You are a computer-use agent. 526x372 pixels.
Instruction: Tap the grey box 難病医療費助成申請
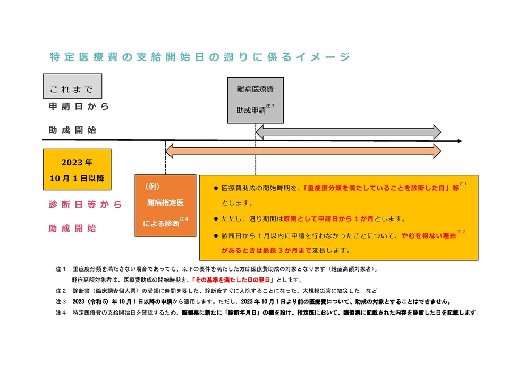[256, 100]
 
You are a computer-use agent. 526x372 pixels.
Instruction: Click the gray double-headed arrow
[348, 132]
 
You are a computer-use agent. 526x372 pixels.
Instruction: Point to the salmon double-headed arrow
[303, 151]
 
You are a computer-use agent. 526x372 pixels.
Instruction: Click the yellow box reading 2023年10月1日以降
[77, 169]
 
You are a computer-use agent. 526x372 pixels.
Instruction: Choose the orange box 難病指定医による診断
[165, 205]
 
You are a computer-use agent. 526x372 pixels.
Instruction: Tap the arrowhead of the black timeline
[459, 141]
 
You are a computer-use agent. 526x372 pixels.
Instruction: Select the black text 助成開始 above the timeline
[72, 130]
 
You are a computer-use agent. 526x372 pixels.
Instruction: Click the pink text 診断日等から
[85, 205]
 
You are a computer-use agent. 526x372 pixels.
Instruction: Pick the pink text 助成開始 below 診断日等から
[72, 229]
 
